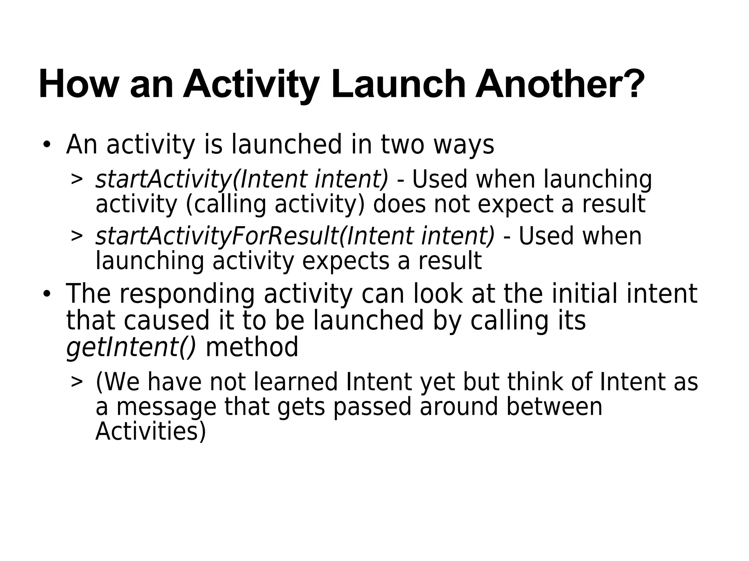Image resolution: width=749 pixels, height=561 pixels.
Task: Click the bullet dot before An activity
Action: pos(46,145)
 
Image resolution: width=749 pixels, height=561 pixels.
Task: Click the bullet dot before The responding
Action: pos(46,294)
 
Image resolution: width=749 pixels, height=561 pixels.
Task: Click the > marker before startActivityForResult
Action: pos(77,236)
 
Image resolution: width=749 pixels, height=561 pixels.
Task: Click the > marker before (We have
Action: pos(77,382)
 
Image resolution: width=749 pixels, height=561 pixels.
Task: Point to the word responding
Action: pos(187,294)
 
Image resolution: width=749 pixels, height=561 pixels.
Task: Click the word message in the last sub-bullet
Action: pos(166,408)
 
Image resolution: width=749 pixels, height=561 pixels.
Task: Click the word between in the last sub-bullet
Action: pos(554,407)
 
